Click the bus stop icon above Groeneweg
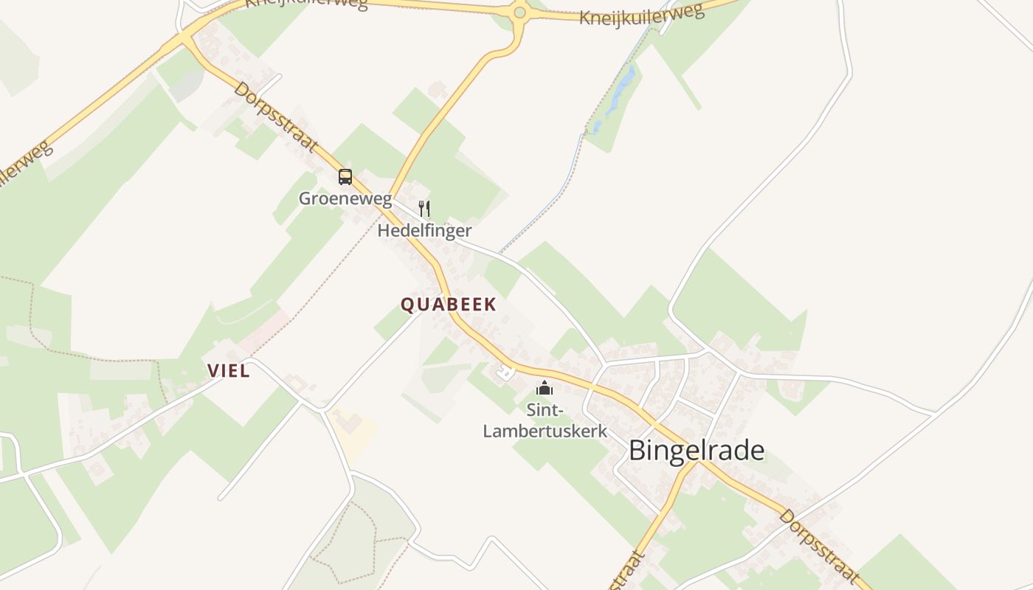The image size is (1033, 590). [x=345, y=177]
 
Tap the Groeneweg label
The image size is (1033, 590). [x=345, y=198]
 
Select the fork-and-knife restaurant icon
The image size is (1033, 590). [x=424, y=209]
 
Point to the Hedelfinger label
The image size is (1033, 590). [x=424, y=231]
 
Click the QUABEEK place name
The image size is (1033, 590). [x=449, y=305]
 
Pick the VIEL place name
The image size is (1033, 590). [x=229, y=371]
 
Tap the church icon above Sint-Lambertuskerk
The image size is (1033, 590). [x=545, y=388]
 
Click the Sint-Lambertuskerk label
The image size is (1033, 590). [x=545, y=420]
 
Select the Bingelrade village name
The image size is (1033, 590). [x=697, y=451]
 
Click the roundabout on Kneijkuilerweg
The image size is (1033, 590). [x=519, y=12]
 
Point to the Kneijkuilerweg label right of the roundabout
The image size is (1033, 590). [x=642, y=13]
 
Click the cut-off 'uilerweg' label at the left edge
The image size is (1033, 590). [x=26, y=168]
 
